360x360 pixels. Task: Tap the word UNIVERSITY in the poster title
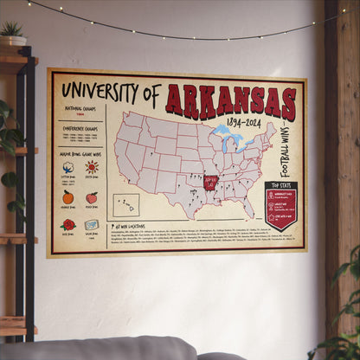pyautogui.click(x=101, y=89)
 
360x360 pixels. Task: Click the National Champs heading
pyautogui.click(x=80, y=108)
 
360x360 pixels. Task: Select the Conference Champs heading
pyautogui.click(x=80, y=126)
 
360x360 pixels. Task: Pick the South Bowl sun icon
pyautogui.click(x=92, y=167)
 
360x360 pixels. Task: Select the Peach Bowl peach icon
pyautogui.click(x=92, y=197)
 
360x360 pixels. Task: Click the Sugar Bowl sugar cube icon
pyautogui.click(x=92, y=224)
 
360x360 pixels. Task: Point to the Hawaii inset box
pyautogui.click(x=125, y=205)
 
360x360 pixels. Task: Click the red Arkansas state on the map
pyautogui.click(x=210, y=183)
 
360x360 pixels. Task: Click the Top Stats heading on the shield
pyautogui.click(x=280, y=186)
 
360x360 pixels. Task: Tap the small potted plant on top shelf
pyautogui.click(x=12, y=33)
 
